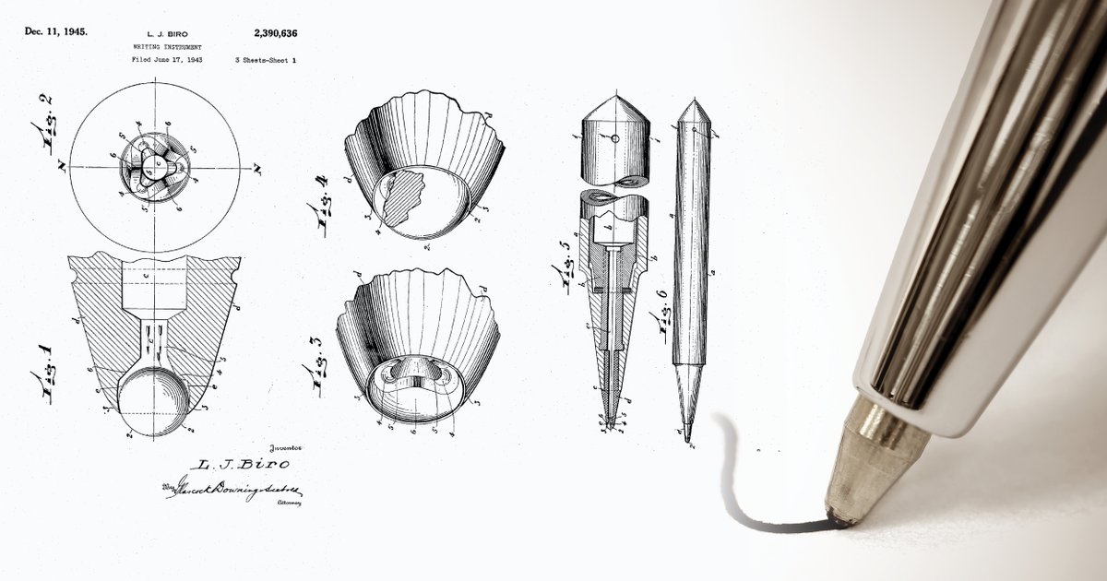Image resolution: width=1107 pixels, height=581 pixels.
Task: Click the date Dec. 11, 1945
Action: [56, 31]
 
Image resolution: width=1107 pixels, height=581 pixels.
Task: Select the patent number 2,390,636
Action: [275, 33]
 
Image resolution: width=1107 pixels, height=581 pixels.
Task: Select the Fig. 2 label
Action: [41, 128]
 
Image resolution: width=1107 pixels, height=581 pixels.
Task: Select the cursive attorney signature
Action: [235, 488]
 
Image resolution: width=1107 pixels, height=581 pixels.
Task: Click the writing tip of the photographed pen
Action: [839, 523]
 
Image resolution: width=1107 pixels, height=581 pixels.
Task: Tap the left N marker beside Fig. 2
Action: [60, 167]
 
